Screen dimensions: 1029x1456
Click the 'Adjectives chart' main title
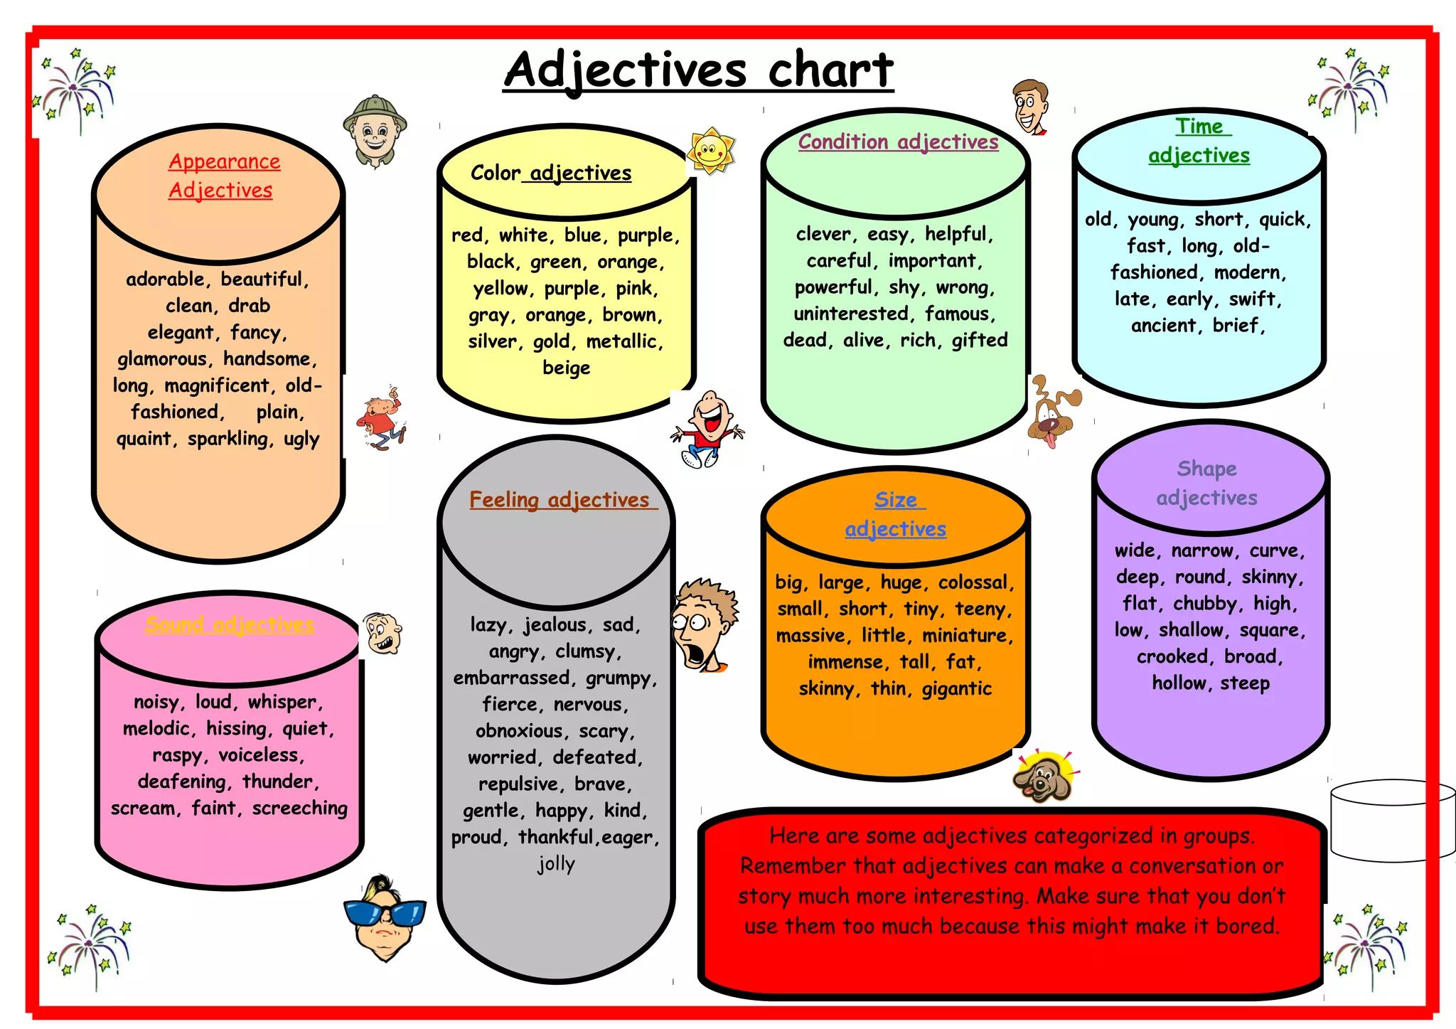click(698, 71)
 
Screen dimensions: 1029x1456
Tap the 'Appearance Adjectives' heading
click(223, 176)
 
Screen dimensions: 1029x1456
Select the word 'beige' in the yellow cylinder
click(566, 368)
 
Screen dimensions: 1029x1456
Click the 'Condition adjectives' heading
click(897, 142)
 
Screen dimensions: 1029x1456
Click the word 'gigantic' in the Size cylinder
click(956, 689)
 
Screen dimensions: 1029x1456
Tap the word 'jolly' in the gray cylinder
click(556, 864)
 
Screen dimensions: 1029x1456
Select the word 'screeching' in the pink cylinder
click(299, 809)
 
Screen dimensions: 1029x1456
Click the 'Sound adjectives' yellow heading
click(229, 624)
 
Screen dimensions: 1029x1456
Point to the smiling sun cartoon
click(710, 151)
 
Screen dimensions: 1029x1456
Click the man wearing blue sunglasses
click(385, 917)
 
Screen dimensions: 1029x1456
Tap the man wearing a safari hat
click(375, 130)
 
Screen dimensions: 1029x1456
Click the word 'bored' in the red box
click(1247, 927)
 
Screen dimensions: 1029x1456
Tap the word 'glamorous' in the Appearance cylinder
click(162, 359)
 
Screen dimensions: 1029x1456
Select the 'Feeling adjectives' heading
click(560, 500)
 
